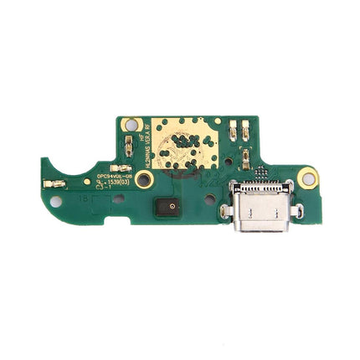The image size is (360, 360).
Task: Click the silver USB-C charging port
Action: click(x=254, y=210)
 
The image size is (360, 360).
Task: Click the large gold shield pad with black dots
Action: click(x=177, y=144)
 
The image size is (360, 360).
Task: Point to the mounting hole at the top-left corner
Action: click(x=128, y=124)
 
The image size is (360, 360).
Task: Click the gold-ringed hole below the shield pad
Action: click(x=143, y=179)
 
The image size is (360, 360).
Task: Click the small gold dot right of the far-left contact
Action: click(x=85, y=181)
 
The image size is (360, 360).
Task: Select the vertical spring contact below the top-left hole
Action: click(x=128, y=149)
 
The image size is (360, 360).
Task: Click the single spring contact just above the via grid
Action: click(x=246, y=157)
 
